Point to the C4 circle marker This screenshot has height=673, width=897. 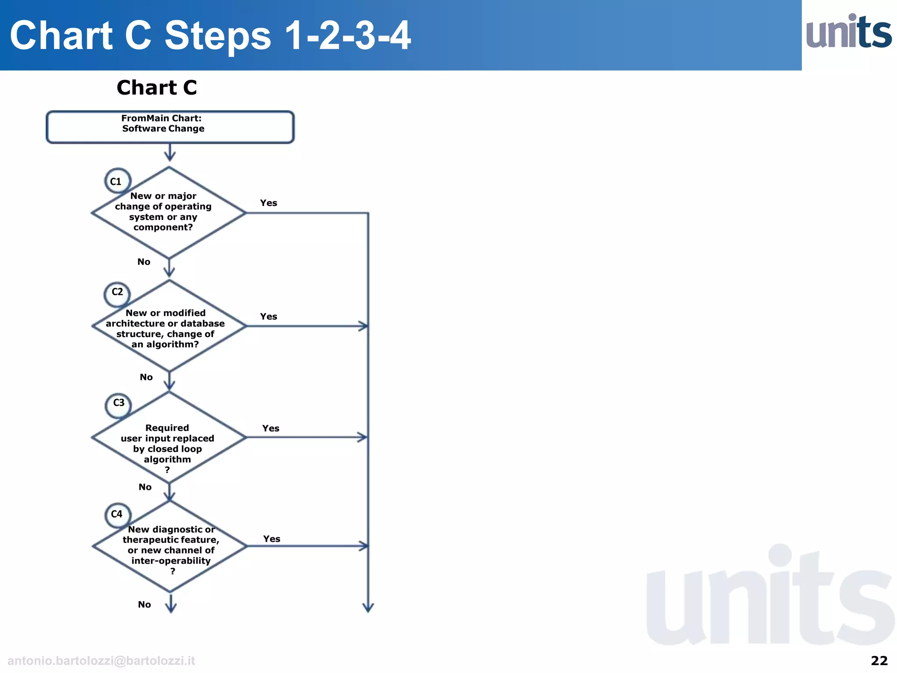[x=117, y=515]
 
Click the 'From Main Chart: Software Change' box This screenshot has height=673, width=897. [x=170, y=127]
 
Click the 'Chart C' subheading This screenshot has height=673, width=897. [x=157, y=88]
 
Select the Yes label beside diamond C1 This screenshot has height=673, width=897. [x=268, y=203]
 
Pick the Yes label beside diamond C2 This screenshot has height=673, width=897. [x=268, y=316]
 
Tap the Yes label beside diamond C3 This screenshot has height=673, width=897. [x=271, y=428]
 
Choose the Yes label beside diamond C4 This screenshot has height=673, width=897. [x=272, y=539]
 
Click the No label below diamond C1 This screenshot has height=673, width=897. [x=144, y=262]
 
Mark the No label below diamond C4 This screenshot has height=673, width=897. [x=144, y=605]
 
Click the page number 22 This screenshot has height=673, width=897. [x=879, y=660]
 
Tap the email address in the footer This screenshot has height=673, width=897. [x=101, y=661]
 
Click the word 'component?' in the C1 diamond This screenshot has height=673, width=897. [x=163, y=227]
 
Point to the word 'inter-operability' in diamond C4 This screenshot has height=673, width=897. [x=171, y=561]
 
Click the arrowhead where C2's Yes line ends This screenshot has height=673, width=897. [x=363, y=326]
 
